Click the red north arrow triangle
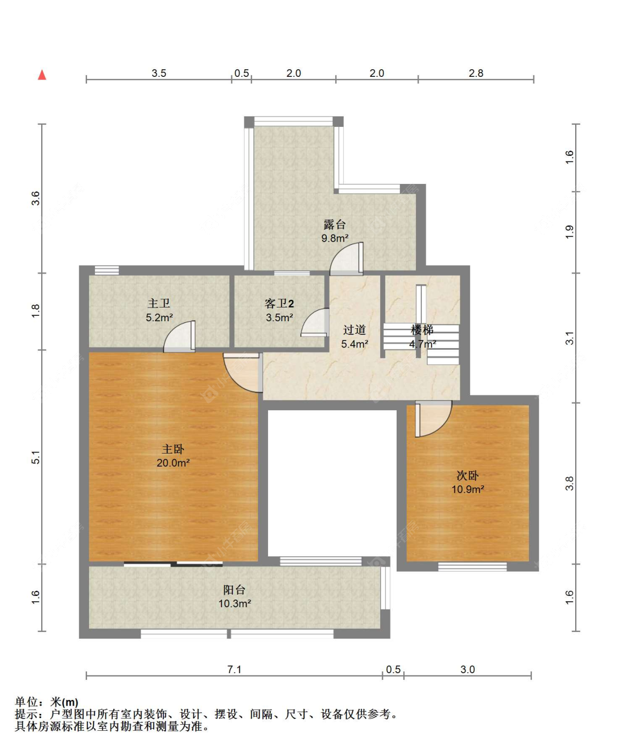point(42,75)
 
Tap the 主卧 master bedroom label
point(173,449)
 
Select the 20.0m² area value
point(173,463)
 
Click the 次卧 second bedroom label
point(467,476)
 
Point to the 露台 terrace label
point(335,225)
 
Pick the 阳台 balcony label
point(235,590)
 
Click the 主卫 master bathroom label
point(159,304)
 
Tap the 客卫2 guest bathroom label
point(279,304)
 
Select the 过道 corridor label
point(354,329)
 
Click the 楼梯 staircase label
point(422,329)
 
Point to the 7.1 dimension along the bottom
point(235,669)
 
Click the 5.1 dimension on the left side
point(36,457)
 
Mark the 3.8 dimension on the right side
point(569,483)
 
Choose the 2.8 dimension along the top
point(476,73)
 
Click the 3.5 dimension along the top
point(159,73)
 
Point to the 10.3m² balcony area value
point(235,603)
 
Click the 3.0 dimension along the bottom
point(467,669)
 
